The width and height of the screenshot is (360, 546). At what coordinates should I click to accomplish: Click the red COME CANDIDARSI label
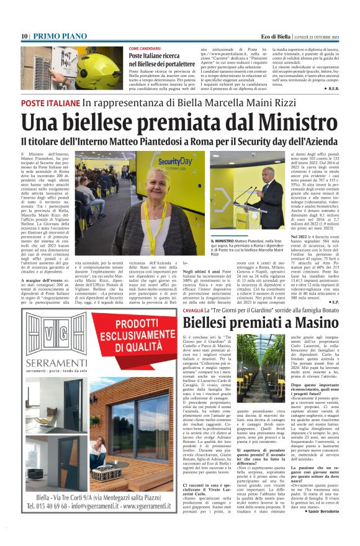click(x=145, y=48)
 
